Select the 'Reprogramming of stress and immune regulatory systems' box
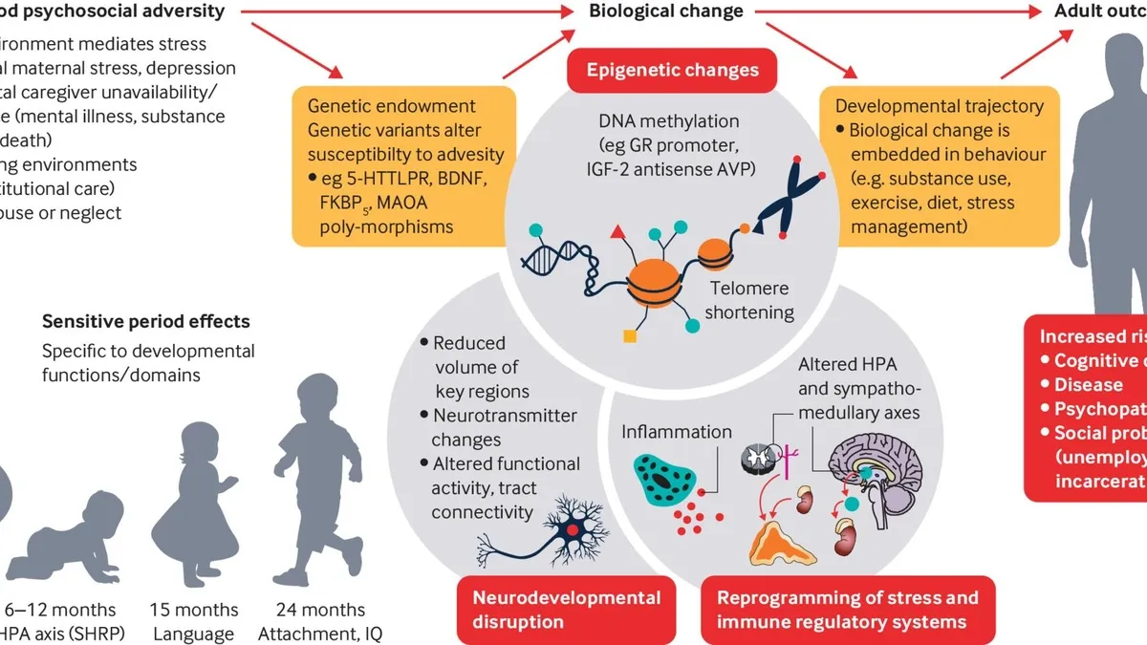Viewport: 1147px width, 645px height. coord(848,610)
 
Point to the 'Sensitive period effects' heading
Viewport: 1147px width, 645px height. coord(145,322)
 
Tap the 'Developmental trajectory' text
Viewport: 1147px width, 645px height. coord(939,106)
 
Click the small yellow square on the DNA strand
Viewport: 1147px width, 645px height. coord(629,335)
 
